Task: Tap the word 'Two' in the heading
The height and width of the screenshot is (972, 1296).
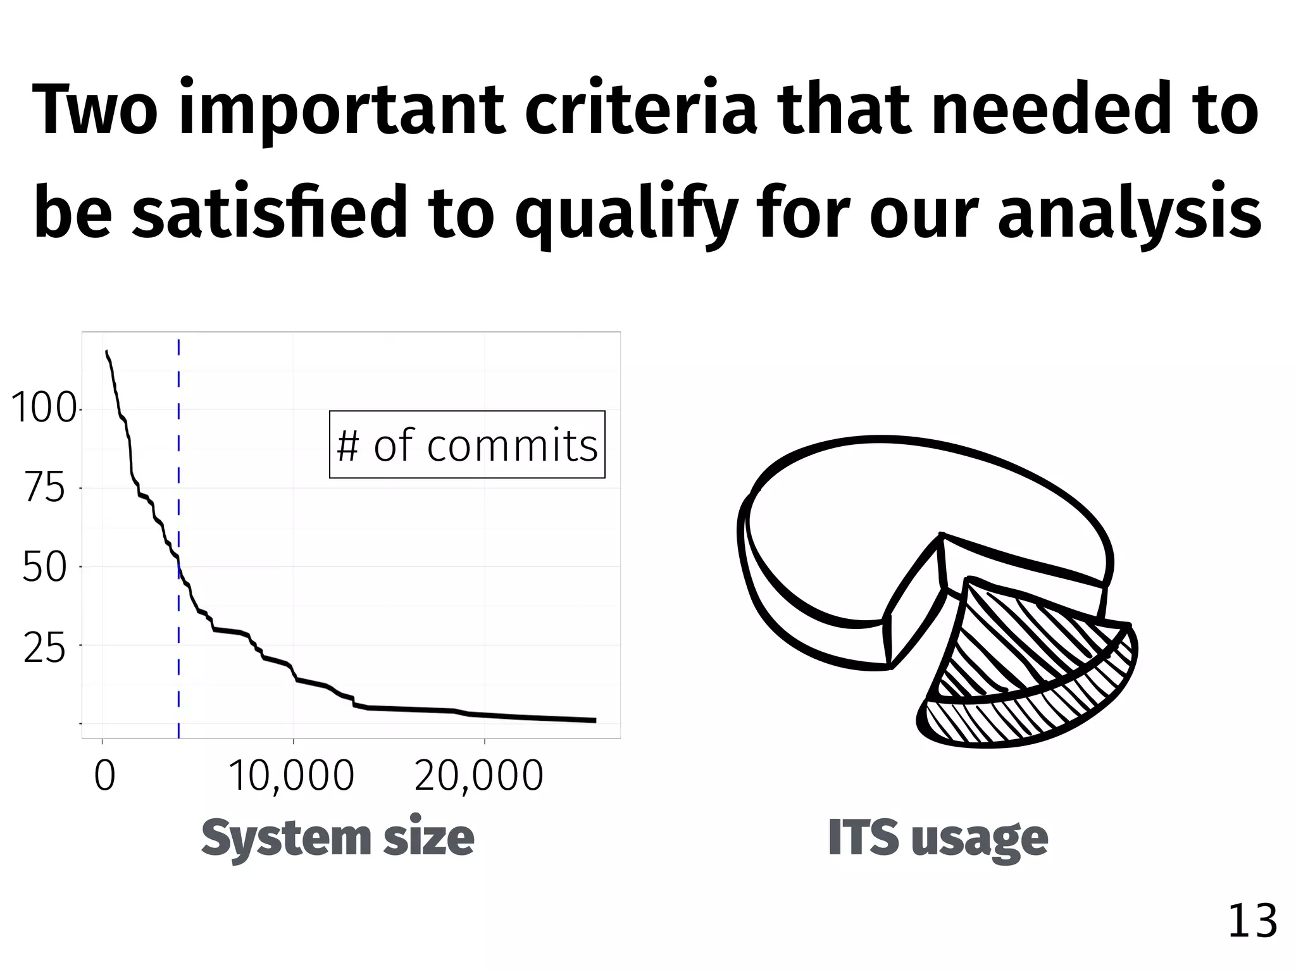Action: coord(94,109)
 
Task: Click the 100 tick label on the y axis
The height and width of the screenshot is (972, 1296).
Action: coord(43,408)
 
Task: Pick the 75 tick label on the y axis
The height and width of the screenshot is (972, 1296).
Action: coord(44,489)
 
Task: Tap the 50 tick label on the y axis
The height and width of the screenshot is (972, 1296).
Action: coord(44,567)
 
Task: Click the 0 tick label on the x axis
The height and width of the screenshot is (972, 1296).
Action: coord(104,776)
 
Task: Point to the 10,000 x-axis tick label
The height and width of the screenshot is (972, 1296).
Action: coord(291,776)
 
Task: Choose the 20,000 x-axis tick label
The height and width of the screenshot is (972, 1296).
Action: coord(479,776)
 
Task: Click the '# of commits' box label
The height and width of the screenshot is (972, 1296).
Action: coord(467,445)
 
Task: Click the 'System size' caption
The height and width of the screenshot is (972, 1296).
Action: coord(337,837)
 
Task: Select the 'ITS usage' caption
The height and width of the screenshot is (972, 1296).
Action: coord(938,837)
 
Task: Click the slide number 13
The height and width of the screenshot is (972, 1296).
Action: coord(1252,921)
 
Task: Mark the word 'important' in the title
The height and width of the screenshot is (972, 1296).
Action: coord(342,109)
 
